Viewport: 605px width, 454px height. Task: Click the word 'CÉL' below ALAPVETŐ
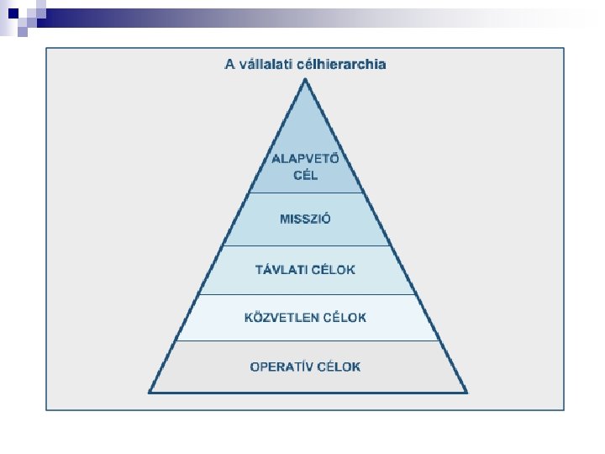tap(305, 176)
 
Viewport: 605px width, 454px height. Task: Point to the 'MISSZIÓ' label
tap(305, 219)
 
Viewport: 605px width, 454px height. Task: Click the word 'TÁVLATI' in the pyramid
tap(281, 270)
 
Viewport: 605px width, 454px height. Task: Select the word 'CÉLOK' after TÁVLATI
tap(333, 270)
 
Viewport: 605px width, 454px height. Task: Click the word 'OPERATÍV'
tap(281, 367)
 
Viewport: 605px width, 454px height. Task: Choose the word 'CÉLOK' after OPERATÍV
tap(338, 367)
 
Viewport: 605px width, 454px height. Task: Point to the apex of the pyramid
tap(306, 80)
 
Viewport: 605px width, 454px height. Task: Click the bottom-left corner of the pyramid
tap(150, 392)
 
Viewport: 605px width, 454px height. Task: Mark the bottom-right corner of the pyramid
tap(466, 392)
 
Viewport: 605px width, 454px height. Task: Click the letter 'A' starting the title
tap(229, 64)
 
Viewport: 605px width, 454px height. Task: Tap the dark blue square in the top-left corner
tap(13, 13)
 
